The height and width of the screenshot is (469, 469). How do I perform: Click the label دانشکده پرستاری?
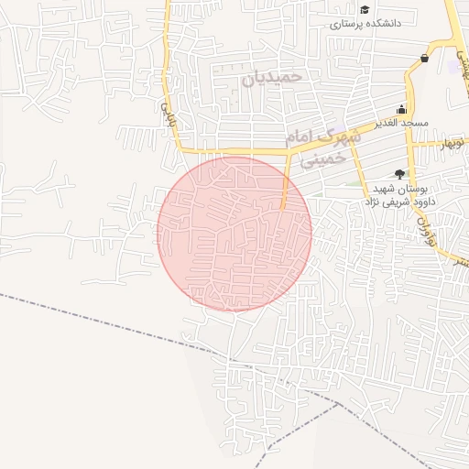[367, 25]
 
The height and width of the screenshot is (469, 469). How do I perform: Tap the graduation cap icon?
[365, 9]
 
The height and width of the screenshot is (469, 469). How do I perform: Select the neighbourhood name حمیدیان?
[272, 78]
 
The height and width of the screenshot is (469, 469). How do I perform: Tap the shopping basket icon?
[424, 58]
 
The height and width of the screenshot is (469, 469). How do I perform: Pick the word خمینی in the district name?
[325, 158]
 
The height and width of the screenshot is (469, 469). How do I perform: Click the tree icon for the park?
[398, 173]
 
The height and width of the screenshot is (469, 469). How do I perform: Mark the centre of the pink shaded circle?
[234, 234]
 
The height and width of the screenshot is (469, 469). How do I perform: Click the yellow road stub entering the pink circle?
[286, 188]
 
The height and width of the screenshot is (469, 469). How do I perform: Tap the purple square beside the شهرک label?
[341, 128]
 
